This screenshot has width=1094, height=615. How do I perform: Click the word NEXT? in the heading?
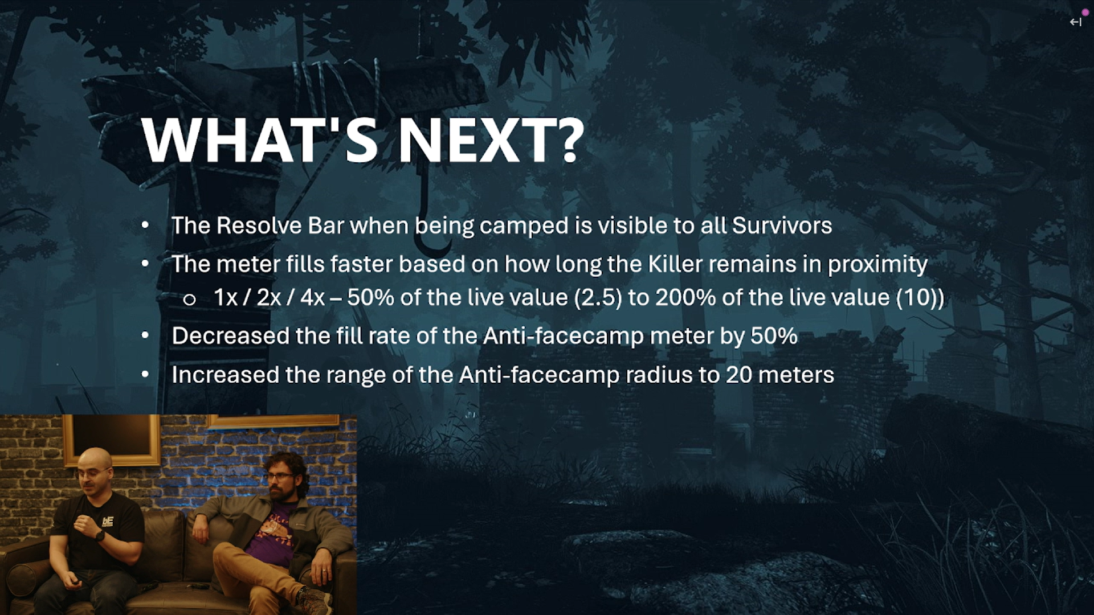[491, 140]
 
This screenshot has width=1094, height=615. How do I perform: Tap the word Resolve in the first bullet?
[259, 225]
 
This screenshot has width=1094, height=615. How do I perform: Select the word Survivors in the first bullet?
[782, 225]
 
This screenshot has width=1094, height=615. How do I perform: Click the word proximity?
[877, 265]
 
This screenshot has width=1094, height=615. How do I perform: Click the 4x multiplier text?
[312, 297]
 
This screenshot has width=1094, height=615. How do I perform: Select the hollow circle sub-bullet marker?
[190, 300]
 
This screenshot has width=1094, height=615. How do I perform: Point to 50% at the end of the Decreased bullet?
[774, 336]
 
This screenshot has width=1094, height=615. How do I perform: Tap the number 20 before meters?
[739, 375]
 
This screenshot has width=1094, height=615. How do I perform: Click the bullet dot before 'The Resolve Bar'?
[145, 225]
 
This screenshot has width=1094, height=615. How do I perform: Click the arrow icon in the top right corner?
[1075, 22]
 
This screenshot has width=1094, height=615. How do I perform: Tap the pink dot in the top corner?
[1085, 13]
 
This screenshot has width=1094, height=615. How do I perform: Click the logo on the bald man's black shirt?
[108, 521]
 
